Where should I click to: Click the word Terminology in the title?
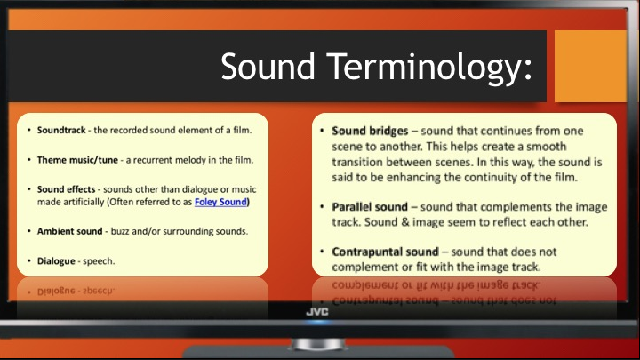coord(430,68)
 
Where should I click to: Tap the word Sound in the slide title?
coord(268,66)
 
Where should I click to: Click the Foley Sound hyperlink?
coord(220,202)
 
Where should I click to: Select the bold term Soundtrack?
coord(61,130)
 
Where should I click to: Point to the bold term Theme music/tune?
coord(77,160)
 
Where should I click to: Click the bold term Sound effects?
coord(66,189)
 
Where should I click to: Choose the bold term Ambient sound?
coord(70,231)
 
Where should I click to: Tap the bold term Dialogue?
coord(56,261)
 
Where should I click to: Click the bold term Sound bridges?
coord(370,131)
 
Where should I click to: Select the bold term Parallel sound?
coord(370,207)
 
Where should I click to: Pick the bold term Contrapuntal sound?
coord(385,252)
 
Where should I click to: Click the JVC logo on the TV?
coord(317,312)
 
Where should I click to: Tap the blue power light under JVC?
coord(317,323)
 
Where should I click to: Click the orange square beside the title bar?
coord(590,66)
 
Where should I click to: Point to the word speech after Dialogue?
coord(99,261)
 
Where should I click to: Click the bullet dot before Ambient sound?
coord(29,231)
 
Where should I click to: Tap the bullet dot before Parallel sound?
coord(322,207)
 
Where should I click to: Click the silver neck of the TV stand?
coord(318,344)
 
